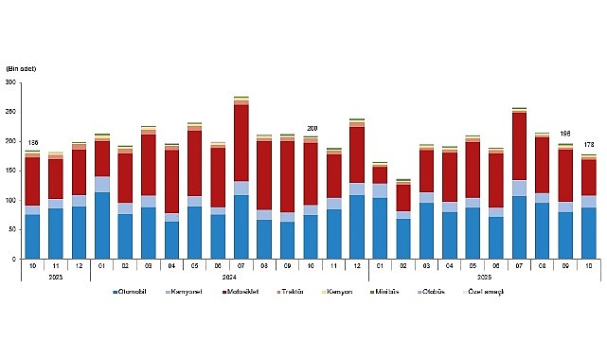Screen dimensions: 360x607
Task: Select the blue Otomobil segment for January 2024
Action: click(x=102, y=225)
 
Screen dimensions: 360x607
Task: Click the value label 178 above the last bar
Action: click(x=588, y=144)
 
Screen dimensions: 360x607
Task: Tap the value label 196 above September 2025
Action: click(x=565, y=135)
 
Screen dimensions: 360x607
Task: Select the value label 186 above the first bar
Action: click(x=32, y=141)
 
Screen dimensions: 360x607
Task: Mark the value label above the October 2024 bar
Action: click(x=311, y=128)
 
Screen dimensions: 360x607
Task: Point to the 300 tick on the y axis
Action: click(x=11, y=82)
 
